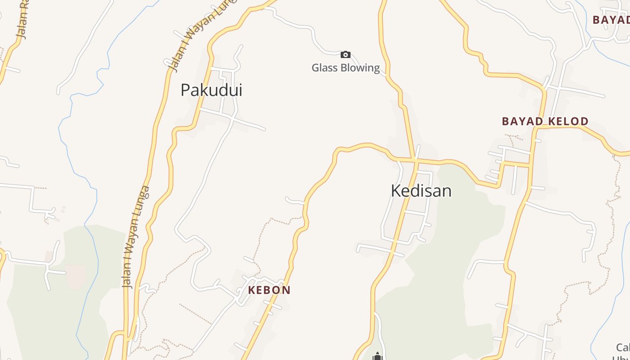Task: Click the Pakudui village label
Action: [x=211, y=90]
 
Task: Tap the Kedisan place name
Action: [x=421, y=191]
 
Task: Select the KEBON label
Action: [x=269, y=290]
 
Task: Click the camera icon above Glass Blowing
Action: [x=345, y=55]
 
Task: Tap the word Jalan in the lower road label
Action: [x=127, y=274]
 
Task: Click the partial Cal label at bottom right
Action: [x=623, y=347]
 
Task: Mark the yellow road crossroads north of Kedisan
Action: [x=415, y=160]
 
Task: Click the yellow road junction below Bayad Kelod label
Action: [x=535, y=128]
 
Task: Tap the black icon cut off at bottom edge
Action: [x=377, y=357]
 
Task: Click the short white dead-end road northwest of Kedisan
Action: [x=295, y=201]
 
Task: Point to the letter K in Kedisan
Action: [x=396, y=191]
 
